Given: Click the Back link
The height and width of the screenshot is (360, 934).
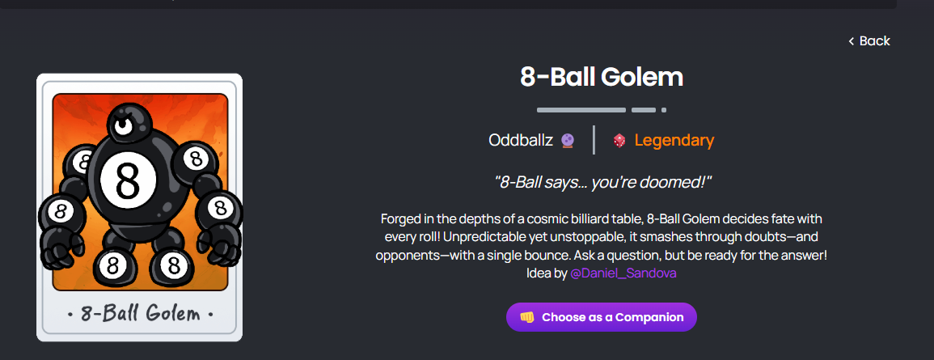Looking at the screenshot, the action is coord(869,41).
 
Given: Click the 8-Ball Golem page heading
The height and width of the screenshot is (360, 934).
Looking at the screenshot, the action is coord(602,78).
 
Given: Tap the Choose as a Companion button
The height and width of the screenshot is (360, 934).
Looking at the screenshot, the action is coord(602,317).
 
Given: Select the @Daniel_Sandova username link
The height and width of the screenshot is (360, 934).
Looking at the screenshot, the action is coord(623,273).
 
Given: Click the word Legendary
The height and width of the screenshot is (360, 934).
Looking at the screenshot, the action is coord(674,141).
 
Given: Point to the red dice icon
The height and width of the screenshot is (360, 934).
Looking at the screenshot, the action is coord(619,142).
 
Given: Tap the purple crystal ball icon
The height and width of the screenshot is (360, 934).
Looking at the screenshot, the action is coord(568,142).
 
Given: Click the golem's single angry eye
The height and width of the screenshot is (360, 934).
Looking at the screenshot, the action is coord(123,125).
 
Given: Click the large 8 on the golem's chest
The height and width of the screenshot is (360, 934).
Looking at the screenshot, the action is coord(128,180).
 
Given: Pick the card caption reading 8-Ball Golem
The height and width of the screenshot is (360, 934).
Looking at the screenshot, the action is coord(140,313).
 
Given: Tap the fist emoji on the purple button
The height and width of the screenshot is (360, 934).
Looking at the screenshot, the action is coord(527,317).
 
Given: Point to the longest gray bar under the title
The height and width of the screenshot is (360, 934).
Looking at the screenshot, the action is coord(581,110).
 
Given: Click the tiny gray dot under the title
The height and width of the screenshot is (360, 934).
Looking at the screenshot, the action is coord(664,110).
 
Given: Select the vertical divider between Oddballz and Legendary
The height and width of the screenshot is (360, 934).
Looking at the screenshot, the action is coord(594,140).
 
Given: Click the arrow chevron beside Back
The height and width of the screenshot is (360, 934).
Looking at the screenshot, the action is coord(852,41).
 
